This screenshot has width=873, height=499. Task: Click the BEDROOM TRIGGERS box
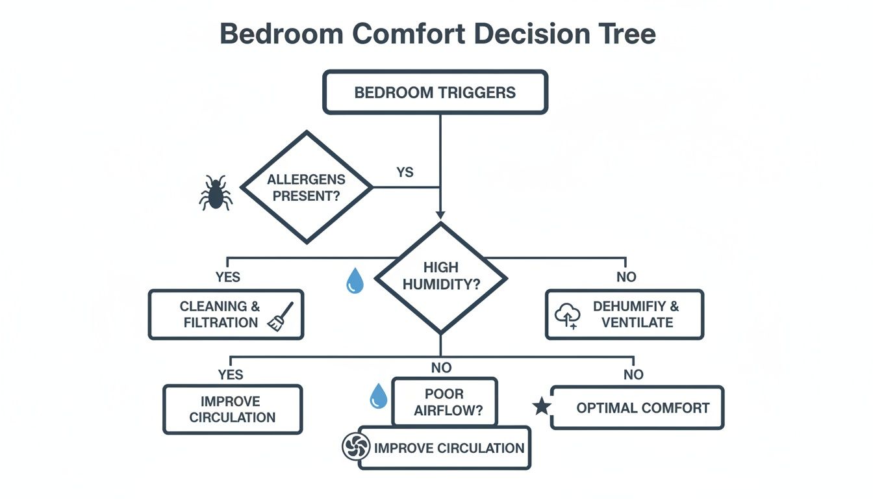point(435,92)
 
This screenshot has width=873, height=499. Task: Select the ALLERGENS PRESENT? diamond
point(307,188)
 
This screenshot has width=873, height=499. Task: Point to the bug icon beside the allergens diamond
point(215,192)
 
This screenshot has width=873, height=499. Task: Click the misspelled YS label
point(405,173)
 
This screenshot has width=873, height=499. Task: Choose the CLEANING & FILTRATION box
point(226,314)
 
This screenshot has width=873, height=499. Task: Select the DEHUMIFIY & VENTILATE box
point(624,314)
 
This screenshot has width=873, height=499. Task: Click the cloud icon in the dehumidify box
point(566,316)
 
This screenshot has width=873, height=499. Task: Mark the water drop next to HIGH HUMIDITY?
point(355,281)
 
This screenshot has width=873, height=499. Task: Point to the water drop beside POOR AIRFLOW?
point(378,396)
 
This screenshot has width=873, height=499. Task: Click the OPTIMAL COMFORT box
point(637,408)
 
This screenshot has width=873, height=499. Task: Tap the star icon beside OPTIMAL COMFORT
point(541,407)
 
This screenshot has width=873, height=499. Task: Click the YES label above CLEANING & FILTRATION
point(227,277)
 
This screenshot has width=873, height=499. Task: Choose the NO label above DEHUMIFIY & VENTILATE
point(626,277)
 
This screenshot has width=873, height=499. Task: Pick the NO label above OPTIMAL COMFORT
point(633,374)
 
